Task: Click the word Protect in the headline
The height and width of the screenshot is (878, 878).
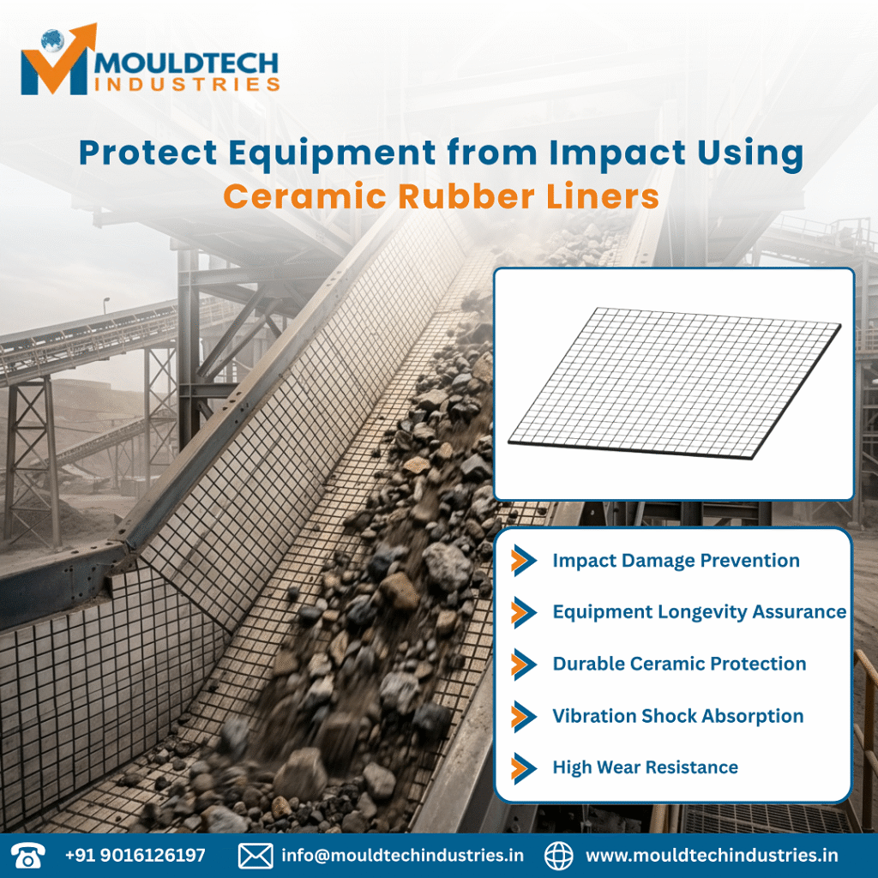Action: [x=137, y=154]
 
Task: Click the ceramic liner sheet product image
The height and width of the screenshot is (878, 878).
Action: [x=674, y=383]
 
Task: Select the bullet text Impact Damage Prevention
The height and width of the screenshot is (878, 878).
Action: [x=676, y=561]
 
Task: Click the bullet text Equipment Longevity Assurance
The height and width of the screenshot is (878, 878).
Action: [x=699, y=612]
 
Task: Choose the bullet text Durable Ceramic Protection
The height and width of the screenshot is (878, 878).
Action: [x=679, y=664]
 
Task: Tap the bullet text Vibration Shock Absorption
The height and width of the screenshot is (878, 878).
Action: [x=677, y=716]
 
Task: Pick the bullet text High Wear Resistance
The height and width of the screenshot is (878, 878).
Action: [x=645, y=767]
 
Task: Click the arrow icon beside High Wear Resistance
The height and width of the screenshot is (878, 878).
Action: [x=523, y=767]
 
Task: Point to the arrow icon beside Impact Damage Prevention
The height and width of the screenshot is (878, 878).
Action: [x=523, y=561]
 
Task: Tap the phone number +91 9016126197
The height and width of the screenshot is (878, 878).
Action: [x=135, y=856]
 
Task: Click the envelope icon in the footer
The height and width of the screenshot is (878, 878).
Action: [x=255, y=855]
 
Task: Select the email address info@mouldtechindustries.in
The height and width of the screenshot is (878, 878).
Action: [x=402, y=856]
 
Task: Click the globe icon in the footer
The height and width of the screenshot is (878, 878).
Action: [x=559, y=855]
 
